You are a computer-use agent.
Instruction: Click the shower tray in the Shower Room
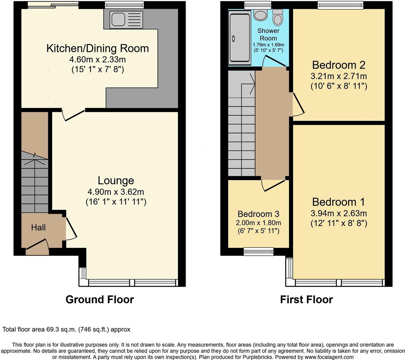pos(240,37)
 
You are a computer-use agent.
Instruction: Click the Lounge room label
pos(116,181)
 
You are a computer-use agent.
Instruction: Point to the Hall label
pos(38,228)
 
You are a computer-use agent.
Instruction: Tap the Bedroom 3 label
pos(258,214)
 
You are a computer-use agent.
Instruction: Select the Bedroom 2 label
pos(339,65)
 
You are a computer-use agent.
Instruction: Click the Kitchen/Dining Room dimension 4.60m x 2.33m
pos(98,60)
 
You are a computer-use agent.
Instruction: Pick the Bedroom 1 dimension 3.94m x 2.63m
pos(339,213)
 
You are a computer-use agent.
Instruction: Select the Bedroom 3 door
pos(274,185)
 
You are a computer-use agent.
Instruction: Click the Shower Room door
pos(275,61)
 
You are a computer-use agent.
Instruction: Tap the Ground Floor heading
pos(100,299)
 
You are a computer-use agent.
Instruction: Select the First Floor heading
pos(306,299)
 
